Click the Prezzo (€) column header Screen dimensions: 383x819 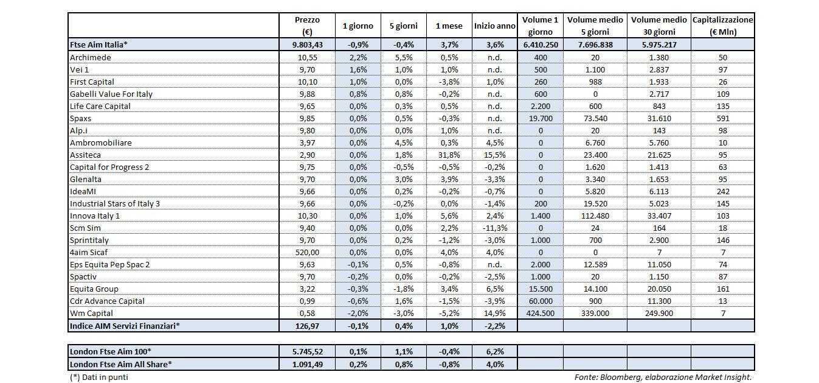[306, 26]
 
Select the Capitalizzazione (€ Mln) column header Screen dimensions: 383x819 [722, 26]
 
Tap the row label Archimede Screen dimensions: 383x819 [91, 57]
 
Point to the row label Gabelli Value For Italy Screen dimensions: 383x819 [111, 94]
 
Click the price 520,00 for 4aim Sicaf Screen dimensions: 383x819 [306, 252]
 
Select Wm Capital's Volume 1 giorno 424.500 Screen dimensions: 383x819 [540, 313]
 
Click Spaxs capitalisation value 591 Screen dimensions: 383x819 [722, 118]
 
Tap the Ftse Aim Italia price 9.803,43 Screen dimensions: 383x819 [306, 44]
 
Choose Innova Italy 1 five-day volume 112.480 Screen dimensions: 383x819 [595, 216]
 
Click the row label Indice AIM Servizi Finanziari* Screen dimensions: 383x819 [125, 326]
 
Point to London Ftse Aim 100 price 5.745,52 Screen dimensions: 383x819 [306, 351]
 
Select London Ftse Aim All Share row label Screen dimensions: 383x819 [121, 364]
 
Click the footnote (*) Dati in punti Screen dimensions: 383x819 [99, 377]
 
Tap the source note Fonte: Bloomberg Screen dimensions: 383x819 [663, 377]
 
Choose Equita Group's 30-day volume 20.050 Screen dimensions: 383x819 [658, 289]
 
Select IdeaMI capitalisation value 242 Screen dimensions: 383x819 [722, 191]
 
